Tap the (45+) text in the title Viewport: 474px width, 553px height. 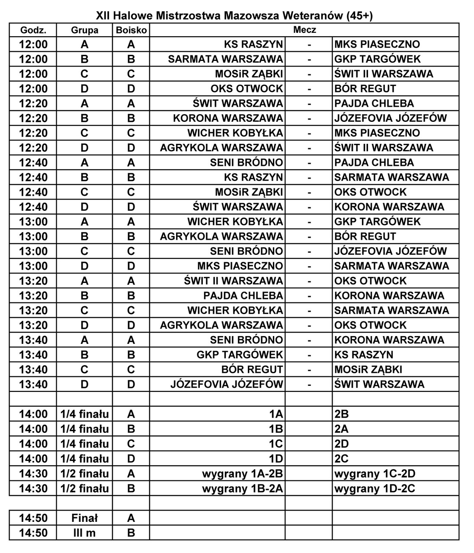click(x=359, y=16)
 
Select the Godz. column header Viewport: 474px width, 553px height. click(x=33, y=30)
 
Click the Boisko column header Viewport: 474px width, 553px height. click(x=131, y=30)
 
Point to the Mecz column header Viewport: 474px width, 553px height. click(x=304, y=30)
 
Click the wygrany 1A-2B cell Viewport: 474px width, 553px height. click(x=242, y=474)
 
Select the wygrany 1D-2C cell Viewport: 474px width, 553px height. click(x=375, y=489)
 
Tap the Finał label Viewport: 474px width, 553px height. click(x=84, y=518)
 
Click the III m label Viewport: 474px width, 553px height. click(x=84, y=533)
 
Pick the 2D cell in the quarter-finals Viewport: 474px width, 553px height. click(x=341, y=444)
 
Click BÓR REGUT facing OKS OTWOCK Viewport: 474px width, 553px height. click(x=365, y=89)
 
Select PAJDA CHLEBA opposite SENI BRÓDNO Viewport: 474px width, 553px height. click(x=374, y=163)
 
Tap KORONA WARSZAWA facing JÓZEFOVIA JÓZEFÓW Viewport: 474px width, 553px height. click(x=228, y=118)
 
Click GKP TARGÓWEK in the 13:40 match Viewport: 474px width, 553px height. click(x=240, y=355)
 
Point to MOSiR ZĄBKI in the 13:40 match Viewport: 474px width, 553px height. click(x=368, y=370)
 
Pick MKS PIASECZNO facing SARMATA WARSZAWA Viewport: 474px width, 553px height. click(x=240, y=266)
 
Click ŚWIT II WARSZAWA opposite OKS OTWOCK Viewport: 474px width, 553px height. click(x=234, y=281)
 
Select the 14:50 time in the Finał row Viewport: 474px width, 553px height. click(x=33, y=518)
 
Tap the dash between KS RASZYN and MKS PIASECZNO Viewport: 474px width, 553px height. click(x=309, y=44)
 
